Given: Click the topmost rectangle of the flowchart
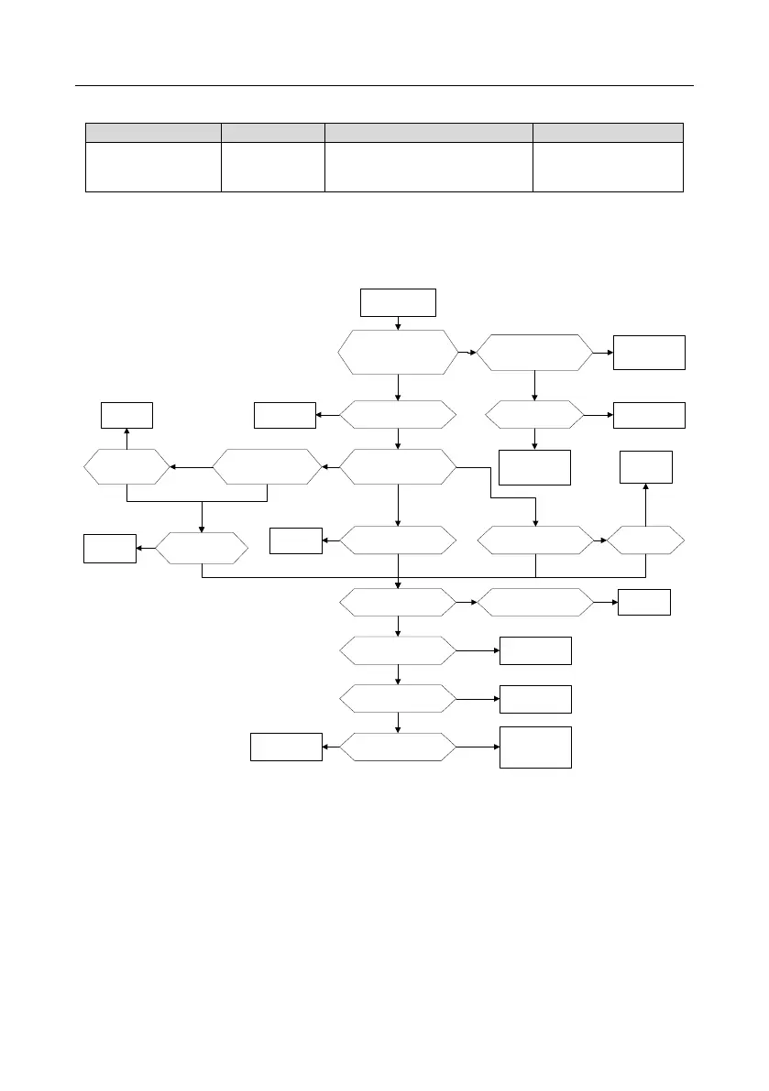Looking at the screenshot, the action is [x=398, y=301].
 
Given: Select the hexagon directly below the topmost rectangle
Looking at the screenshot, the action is [x=398, y=352].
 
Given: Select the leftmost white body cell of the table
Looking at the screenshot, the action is [x=153, y=167].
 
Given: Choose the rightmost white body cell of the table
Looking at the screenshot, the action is [x=608, y=167].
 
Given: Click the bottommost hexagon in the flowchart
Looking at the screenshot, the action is [x=398, y=747].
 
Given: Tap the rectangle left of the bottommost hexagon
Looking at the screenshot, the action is [x=286, y=747].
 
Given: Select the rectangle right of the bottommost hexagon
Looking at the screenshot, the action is [x=535, y=747].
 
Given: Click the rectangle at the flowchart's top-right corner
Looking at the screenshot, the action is [x=649, y=352].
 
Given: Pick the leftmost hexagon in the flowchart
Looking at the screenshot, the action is [x=126, y=467].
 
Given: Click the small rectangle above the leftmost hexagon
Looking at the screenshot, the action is [x=126, y=415].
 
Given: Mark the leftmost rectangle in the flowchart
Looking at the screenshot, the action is [x=110, y=548].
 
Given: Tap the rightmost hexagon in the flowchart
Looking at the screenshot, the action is [x=645, y=540].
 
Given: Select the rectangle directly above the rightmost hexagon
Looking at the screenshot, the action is [x=645, y=467].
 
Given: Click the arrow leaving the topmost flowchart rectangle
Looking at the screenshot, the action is [x=398, y=322].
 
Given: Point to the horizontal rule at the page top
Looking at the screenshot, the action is [x=383, y=86].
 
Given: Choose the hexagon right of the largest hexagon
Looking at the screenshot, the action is [x=533, y=352].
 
